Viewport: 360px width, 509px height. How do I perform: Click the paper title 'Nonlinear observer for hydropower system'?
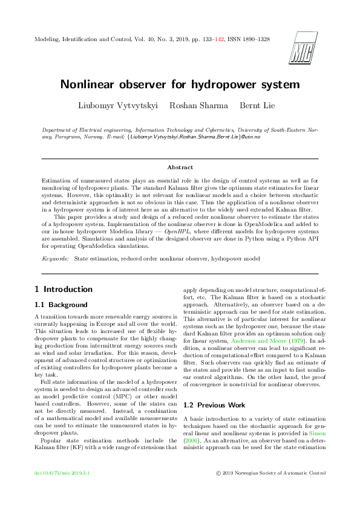click(x=180, y=84)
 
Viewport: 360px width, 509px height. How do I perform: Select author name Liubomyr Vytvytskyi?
click(x=118, y=106)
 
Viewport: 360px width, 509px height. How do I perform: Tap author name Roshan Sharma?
click(x=198, y=106)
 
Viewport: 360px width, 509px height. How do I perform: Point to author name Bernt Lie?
click(x=257, y=106)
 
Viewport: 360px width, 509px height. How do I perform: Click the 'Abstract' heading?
click(x=180, y=167)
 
